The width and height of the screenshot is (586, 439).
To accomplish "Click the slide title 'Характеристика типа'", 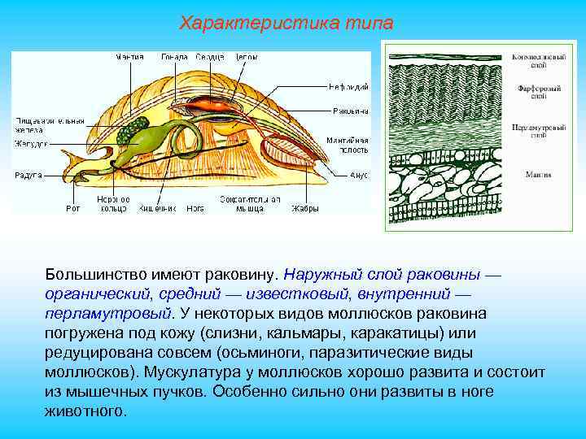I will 286,24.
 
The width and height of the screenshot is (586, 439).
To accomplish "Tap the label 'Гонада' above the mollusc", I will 174,58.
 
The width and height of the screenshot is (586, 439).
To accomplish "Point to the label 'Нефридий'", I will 349,85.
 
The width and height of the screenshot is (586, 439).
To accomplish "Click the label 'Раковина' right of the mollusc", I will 350,111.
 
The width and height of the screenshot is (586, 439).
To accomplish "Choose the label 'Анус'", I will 359,175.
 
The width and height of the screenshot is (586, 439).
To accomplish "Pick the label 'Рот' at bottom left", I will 73,208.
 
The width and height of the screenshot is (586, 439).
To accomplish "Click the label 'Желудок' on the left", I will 30,144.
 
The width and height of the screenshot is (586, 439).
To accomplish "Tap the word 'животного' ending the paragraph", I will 85,411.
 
